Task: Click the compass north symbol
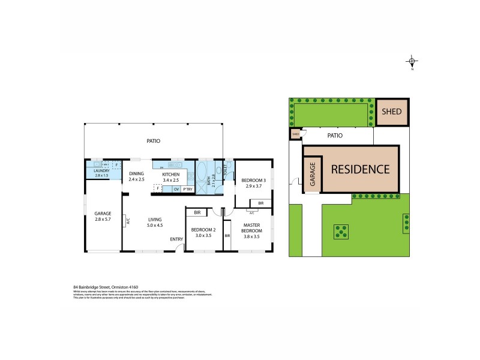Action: point(412,62)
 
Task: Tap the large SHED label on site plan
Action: point(392,112)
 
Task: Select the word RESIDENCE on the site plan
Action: point(361,169)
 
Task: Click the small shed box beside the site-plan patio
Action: point(296,134)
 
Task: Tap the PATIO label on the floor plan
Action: point(153,141)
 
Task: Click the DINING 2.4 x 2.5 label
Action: point(137,176)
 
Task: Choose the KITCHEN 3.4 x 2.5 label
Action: point(171,176)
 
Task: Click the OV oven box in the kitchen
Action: point(176,189)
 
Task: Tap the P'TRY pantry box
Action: point(188,189)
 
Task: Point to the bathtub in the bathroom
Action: point(202,177)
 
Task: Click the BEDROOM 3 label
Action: point(253,183)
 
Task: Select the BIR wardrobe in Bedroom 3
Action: point(260,203)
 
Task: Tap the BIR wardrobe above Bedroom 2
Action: point(197,212)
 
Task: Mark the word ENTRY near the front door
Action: point(176,240)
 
